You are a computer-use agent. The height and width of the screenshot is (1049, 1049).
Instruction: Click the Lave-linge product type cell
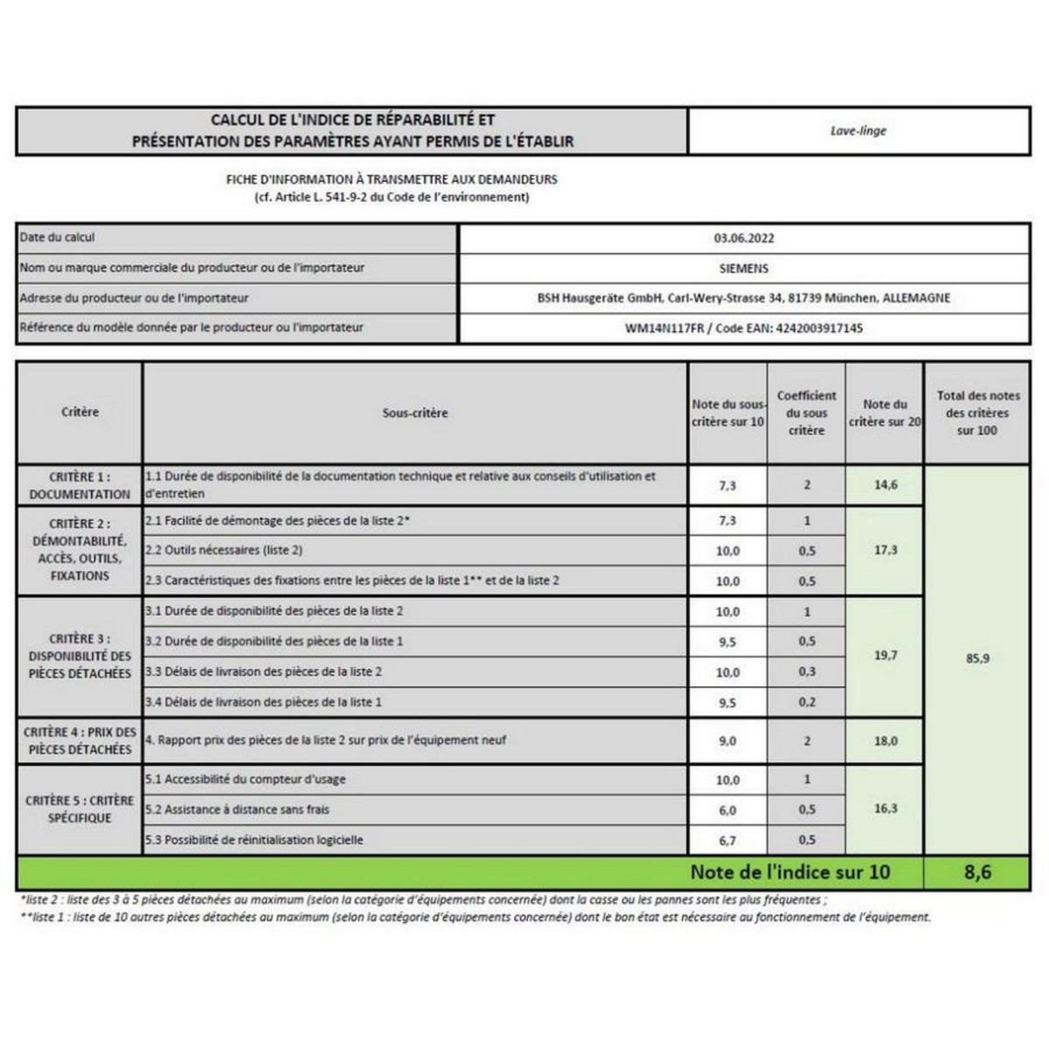coord(858,131)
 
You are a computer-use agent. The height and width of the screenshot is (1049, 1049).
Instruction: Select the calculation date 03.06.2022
coord(744,238)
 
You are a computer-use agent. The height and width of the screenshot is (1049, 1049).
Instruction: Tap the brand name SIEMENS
coord(744,268)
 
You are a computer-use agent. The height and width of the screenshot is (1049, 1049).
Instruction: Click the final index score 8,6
coord(976,872)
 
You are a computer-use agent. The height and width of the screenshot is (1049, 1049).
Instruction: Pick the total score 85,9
coord(977,658)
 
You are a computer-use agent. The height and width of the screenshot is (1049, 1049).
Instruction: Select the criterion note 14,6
coord(886,485)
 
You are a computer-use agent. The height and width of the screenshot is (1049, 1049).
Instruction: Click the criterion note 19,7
coord(886,655)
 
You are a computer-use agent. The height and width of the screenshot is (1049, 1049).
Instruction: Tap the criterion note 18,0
coord(886,741)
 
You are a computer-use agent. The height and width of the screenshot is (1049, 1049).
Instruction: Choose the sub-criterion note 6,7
coord(727,840)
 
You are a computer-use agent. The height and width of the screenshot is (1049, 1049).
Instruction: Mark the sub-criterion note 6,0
coord(727,810)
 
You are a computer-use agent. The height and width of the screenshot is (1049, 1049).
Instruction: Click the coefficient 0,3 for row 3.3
coord(807,671)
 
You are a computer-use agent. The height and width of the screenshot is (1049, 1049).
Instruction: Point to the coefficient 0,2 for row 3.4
coord(807,702)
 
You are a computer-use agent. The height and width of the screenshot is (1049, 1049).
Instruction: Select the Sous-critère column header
coord(415,413)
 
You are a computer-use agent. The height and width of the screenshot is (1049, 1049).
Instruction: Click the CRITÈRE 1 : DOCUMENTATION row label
coord(80,485)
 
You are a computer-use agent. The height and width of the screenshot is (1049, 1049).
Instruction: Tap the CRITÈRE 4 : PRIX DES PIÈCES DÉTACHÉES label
coord(80,741)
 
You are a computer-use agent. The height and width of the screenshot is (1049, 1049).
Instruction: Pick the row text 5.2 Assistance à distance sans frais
coord(238,809)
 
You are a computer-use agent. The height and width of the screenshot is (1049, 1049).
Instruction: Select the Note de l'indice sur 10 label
coord(790,872)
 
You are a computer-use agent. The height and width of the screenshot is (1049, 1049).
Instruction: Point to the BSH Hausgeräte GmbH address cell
coord(744,298)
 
